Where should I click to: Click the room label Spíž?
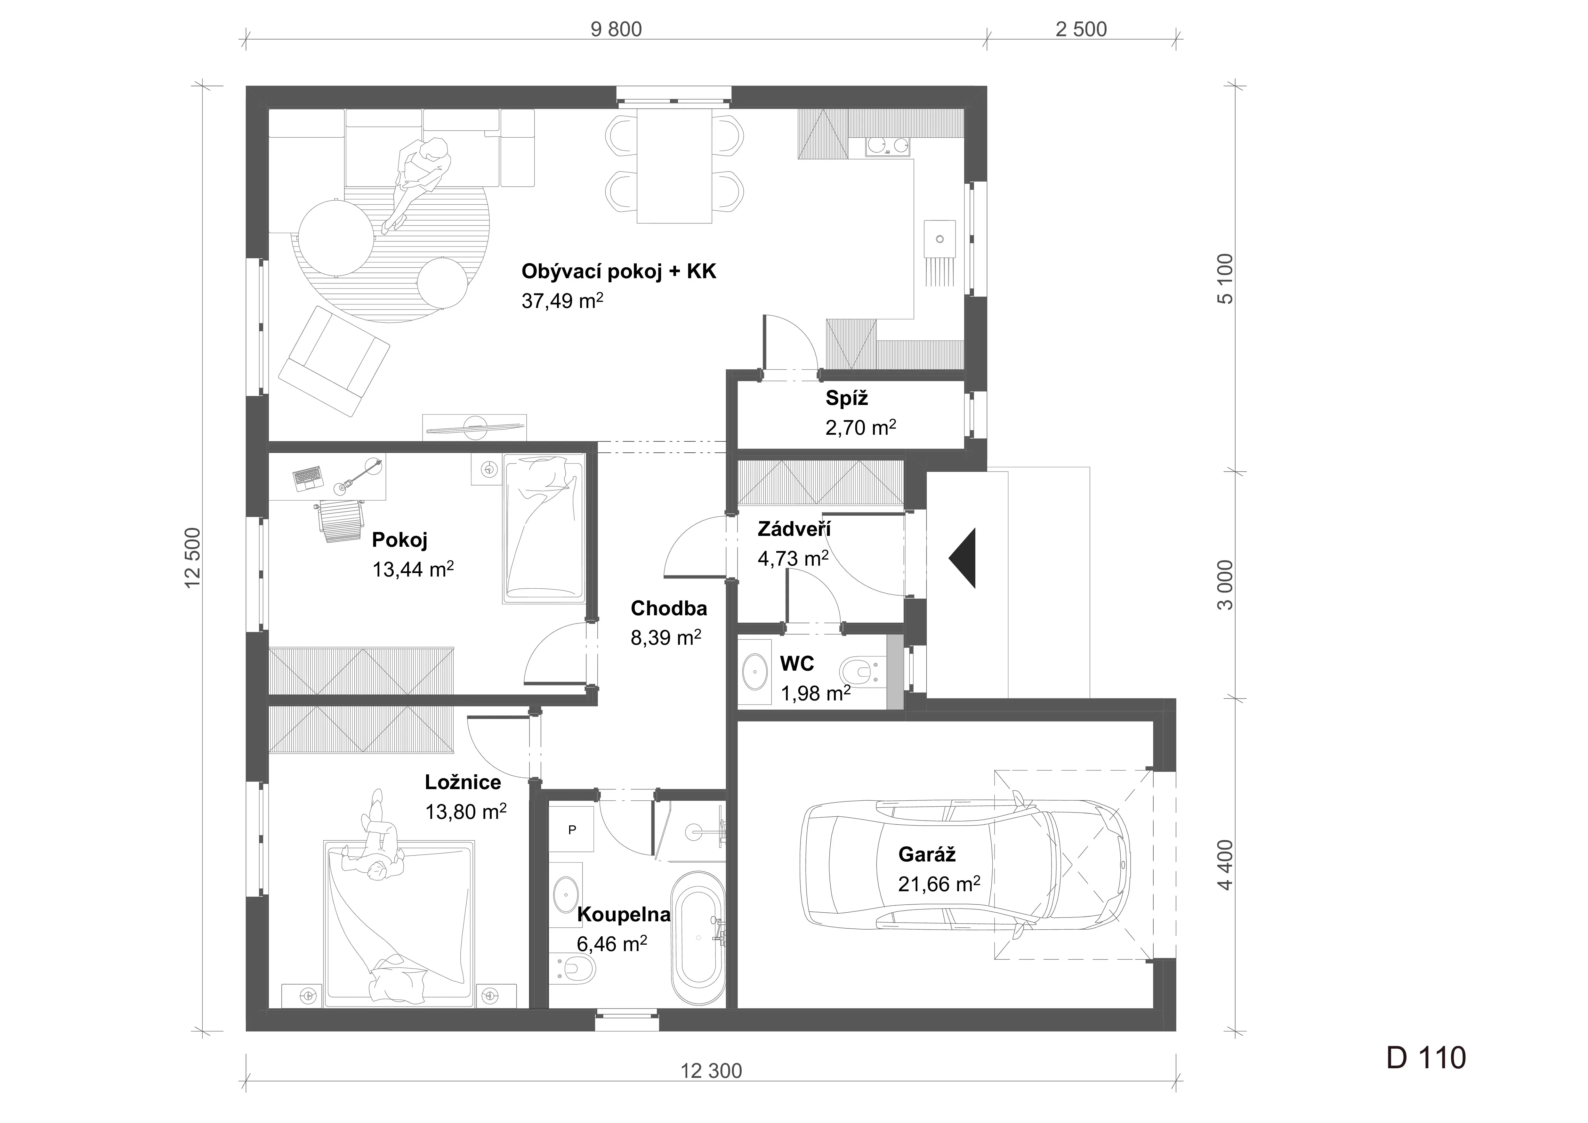pyautogui.click(x=847, y=398)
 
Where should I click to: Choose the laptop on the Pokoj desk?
pyautogui.click(x=308, y=478)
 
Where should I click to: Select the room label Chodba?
pyautogui.click(x=669, y=609)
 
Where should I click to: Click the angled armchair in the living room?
pyautogui.click(x=334, y=361)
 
